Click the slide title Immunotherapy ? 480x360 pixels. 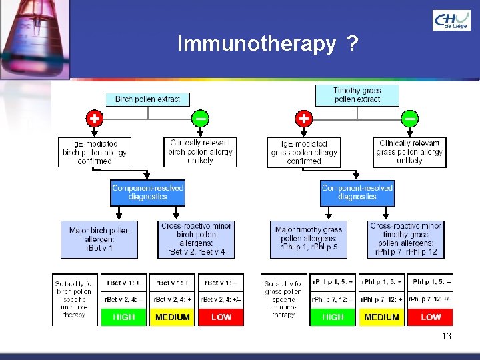[x=267, y=44]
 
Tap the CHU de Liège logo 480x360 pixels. [x=451, y=21]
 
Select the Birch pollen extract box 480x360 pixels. [x=147, y=99]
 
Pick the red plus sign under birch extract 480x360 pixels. [x=95, y=119]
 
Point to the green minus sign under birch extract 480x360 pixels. [x=200, y=119]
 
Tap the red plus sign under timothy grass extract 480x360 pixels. [x=304, y=119]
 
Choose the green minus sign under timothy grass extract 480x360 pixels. [x=410, y=119]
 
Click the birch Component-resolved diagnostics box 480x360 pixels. [x=147, y=193]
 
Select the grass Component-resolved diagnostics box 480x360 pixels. [x=357, y=193]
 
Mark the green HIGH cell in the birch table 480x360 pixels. [x=124, y=317]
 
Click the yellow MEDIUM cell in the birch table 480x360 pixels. [x=173, y=317]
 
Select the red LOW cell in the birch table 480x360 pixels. [x=221, y=317]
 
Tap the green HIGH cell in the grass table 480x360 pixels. [x=333, y=317]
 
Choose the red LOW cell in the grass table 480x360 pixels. [x=431, y=317]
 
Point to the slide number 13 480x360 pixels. [x=446, y=337]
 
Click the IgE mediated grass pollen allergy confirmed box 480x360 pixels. [x=304, y=152]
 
